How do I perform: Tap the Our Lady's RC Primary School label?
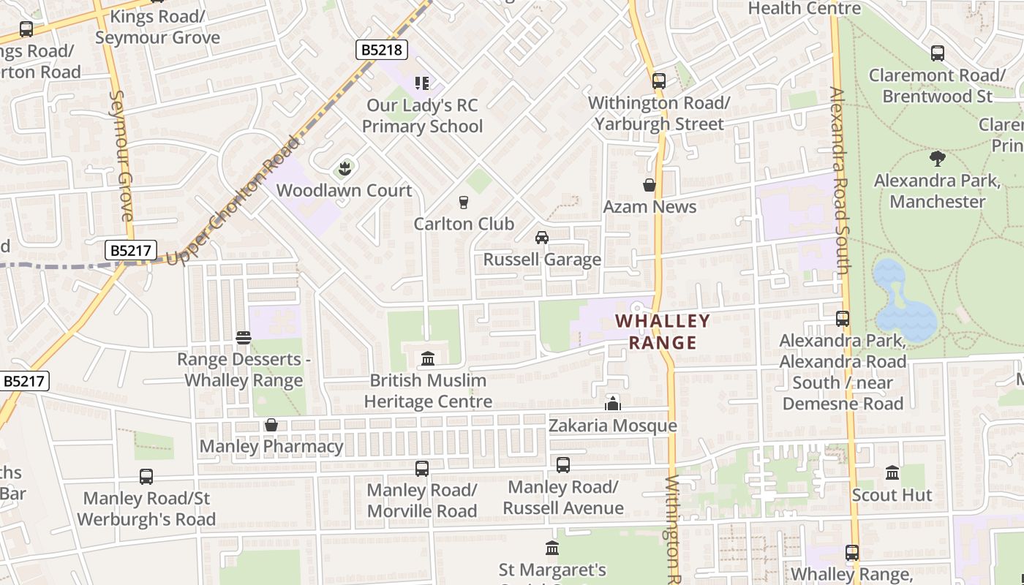pos(422,116)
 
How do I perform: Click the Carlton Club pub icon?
pos(463,203)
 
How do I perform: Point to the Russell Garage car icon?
pos(542,238)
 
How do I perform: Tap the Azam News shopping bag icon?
pos(649,186)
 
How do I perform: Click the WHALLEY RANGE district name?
pos(663,331)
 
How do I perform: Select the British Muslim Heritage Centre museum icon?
pos(428,359)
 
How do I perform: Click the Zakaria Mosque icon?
pos(612,404)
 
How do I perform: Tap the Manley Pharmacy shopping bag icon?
pos(271,425)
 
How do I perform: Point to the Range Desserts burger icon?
pos(244,338)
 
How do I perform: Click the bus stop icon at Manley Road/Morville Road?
pos(422,469)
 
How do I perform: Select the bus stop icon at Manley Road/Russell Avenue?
pos(562,465)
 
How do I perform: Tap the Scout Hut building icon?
pos(892,473)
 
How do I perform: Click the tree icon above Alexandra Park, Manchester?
pos(937,159)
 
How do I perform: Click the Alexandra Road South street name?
pos(840,181)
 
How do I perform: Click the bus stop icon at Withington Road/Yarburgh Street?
pos(659,81)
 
